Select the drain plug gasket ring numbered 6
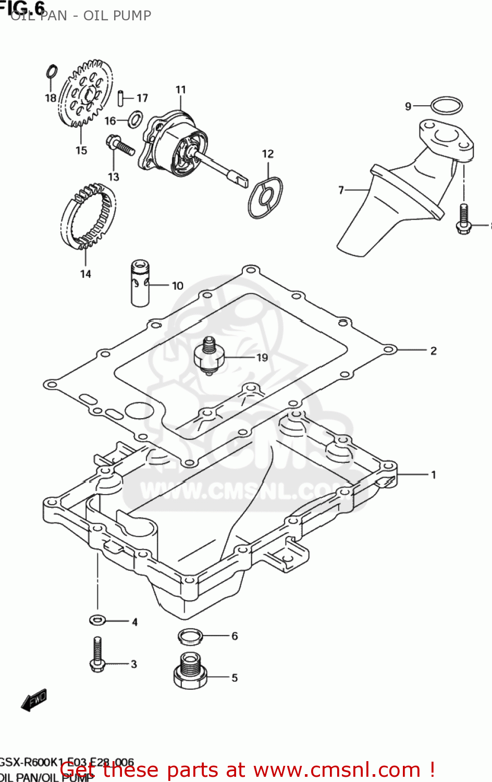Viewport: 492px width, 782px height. pos(190,636)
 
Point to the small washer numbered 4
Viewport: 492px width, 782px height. pos(97,620)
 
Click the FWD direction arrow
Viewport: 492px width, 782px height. pos(34,700)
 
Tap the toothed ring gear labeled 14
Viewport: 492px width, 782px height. pos(88,216)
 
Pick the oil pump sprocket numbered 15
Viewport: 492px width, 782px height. pos(84,94)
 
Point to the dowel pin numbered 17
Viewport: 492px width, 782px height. pos(120,97)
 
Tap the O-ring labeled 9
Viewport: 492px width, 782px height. pos(447,106)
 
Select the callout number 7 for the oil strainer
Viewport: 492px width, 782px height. pos(341,190)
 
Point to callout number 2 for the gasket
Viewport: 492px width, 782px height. pos(433,351)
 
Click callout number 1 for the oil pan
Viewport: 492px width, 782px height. pos(433,475)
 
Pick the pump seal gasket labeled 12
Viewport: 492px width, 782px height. pos(266,197)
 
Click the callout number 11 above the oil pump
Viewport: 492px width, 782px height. pos(180,90)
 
